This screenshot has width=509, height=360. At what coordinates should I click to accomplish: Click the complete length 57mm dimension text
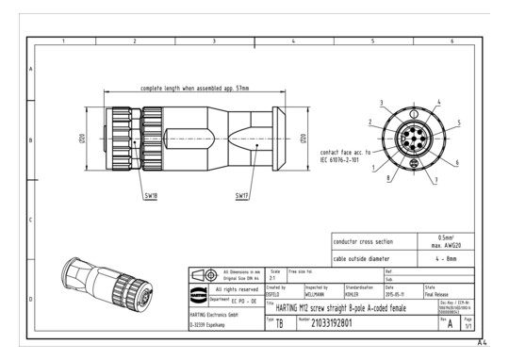click(194, 88)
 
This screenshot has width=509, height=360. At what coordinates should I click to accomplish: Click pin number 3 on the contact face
click(382, 103)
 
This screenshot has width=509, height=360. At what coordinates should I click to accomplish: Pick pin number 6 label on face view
click(456, 163)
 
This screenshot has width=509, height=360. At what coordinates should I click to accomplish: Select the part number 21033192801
click(338, 323)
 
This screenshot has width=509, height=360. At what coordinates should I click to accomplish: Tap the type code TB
click(279, 323)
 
